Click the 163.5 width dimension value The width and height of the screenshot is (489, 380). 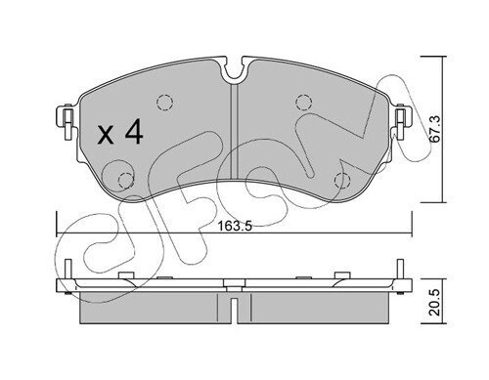point(235,226)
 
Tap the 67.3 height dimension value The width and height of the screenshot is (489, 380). point(435,129)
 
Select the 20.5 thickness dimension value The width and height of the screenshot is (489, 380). point(435,302)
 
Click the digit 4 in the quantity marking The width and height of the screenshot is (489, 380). point(134,131)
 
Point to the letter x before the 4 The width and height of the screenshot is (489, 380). point(106,135)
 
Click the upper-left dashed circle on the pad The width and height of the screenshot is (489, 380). point(164,103)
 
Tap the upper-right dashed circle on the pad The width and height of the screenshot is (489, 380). point(303,103)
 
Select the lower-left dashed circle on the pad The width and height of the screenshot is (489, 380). point(125,181)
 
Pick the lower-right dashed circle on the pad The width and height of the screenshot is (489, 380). point(342,180)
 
